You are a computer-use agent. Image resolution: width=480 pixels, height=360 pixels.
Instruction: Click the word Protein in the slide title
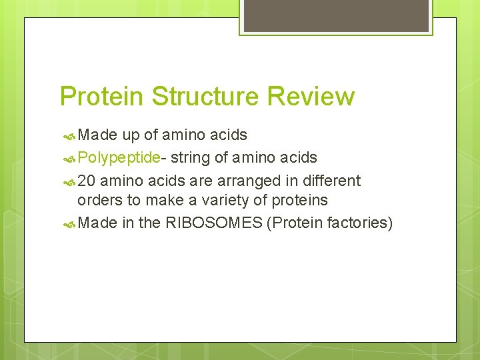(102, 97)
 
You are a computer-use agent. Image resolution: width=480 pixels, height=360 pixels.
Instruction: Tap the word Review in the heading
(310, 97)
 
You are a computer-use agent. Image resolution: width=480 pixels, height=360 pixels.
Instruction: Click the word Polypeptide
(118, 158)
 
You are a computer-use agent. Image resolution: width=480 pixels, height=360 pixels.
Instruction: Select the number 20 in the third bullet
(86, 181)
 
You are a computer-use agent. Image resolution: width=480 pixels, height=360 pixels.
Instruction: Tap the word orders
(98, 200)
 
